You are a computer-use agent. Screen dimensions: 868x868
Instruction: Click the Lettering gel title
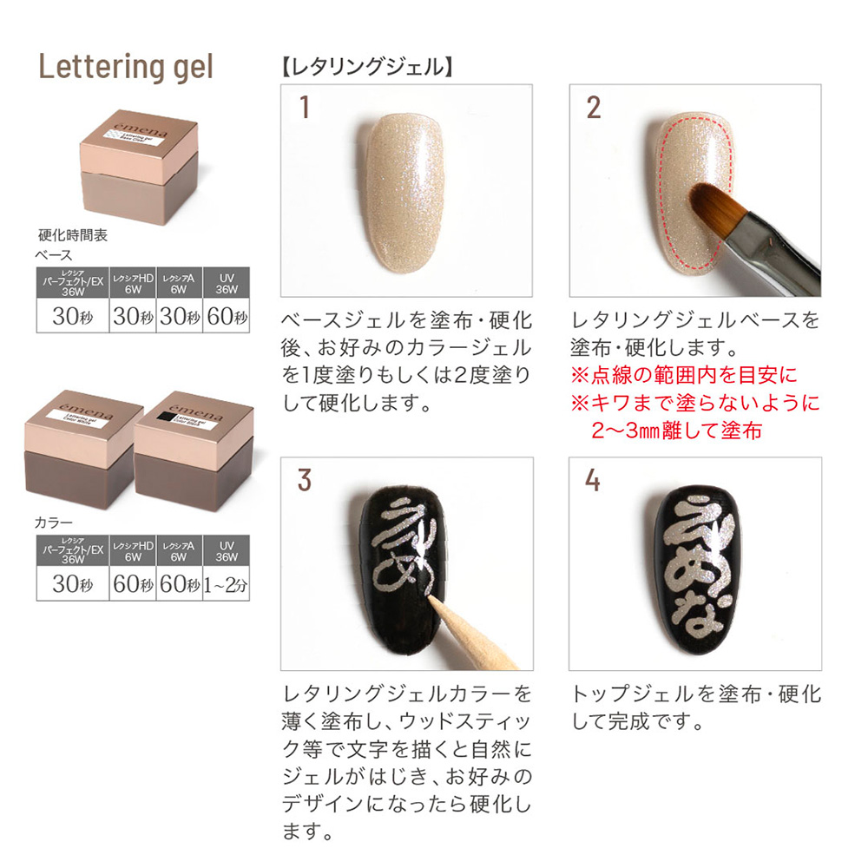click(x=126, y=67)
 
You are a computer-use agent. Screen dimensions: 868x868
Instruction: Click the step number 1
click(x=304, y=107)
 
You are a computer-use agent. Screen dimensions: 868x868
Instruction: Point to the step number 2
click(x=593, y=107)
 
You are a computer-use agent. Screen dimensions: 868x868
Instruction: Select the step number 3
click(x=304, y=480)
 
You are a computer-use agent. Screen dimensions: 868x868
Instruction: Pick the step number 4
click(x=593, y=480)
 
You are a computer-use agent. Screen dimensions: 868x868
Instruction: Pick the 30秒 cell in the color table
click(x=73, y=584)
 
